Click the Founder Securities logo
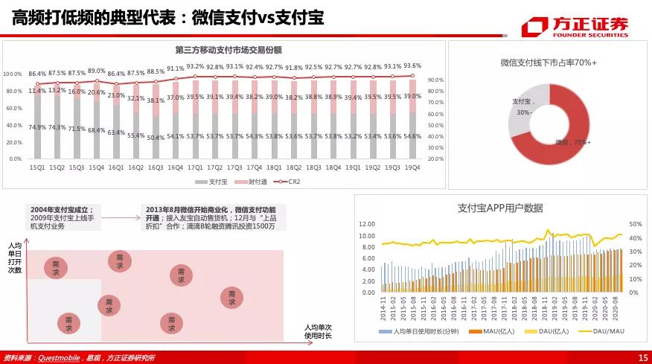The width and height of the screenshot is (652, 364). (x=574, y=27)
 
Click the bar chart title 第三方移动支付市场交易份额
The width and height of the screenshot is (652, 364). (x=228, y=50)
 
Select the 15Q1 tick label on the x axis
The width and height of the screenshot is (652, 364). (x=36, y=168)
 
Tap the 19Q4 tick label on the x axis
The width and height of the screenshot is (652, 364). (x=412, y=168)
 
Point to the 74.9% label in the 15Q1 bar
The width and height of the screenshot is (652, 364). (x=37, y=127)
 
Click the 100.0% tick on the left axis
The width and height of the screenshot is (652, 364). (x=13, y=74)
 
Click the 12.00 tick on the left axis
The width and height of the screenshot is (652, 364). (x=366, y=224)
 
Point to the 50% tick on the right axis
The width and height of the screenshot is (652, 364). (x=614, y=224)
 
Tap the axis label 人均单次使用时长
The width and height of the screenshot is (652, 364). (x=318, y=332)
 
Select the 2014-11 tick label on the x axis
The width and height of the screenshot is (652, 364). (x=384, y=313)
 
